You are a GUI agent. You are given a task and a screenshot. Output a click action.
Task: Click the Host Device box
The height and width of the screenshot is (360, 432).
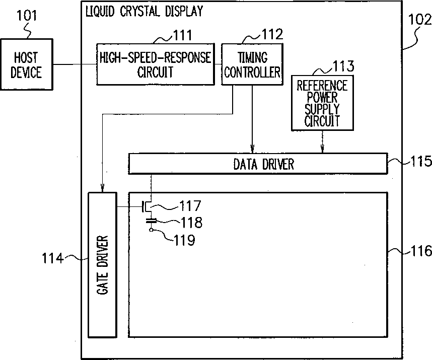click(27, 64)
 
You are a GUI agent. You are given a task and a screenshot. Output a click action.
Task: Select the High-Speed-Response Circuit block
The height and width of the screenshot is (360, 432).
click(156, 64)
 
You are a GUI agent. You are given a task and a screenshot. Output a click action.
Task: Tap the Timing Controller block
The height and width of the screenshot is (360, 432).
click(252, 64)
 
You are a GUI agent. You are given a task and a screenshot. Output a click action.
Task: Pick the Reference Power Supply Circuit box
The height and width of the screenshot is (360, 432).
click(322, 103)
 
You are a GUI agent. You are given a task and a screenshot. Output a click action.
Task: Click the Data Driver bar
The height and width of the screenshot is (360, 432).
click(258, 164)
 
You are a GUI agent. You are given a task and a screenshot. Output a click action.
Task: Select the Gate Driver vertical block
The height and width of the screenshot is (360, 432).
click(102, 265)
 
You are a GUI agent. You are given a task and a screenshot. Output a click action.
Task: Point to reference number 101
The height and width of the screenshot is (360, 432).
click(27, 16)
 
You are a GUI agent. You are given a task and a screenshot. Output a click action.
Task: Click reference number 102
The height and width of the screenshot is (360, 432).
click(419, 20)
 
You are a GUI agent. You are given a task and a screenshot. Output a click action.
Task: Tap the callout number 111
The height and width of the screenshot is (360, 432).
click(182, 35)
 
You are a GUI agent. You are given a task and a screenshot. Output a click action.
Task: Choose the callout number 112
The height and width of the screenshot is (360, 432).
click(272, 34)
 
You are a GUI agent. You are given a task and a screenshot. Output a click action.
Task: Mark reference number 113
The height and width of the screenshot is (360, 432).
click(343, 66)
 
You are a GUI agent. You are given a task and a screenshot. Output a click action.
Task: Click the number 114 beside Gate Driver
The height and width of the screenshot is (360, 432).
click(52, 259)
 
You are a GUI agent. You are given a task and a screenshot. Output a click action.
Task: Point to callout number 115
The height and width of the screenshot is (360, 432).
click(421, 161)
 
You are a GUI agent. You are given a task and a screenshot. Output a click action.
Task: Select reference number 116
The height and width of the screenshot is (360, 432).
click(421, 251)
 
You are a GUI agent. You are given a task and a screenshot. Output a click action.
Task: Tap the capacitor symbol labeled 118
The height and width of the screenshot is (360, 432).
click(151, 221)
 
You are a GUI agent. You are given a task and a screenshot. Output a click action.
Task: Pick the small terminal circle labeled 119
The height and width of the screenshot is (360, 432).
click(151, 230)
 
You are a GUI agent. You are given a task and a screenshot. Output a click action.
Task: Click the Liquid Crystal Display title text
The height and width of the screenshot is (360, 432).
click(144, 12)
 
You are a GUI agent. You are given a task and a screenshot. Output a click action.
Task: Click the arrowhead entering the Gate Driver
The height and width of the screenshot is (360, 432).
click(102, 189)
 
